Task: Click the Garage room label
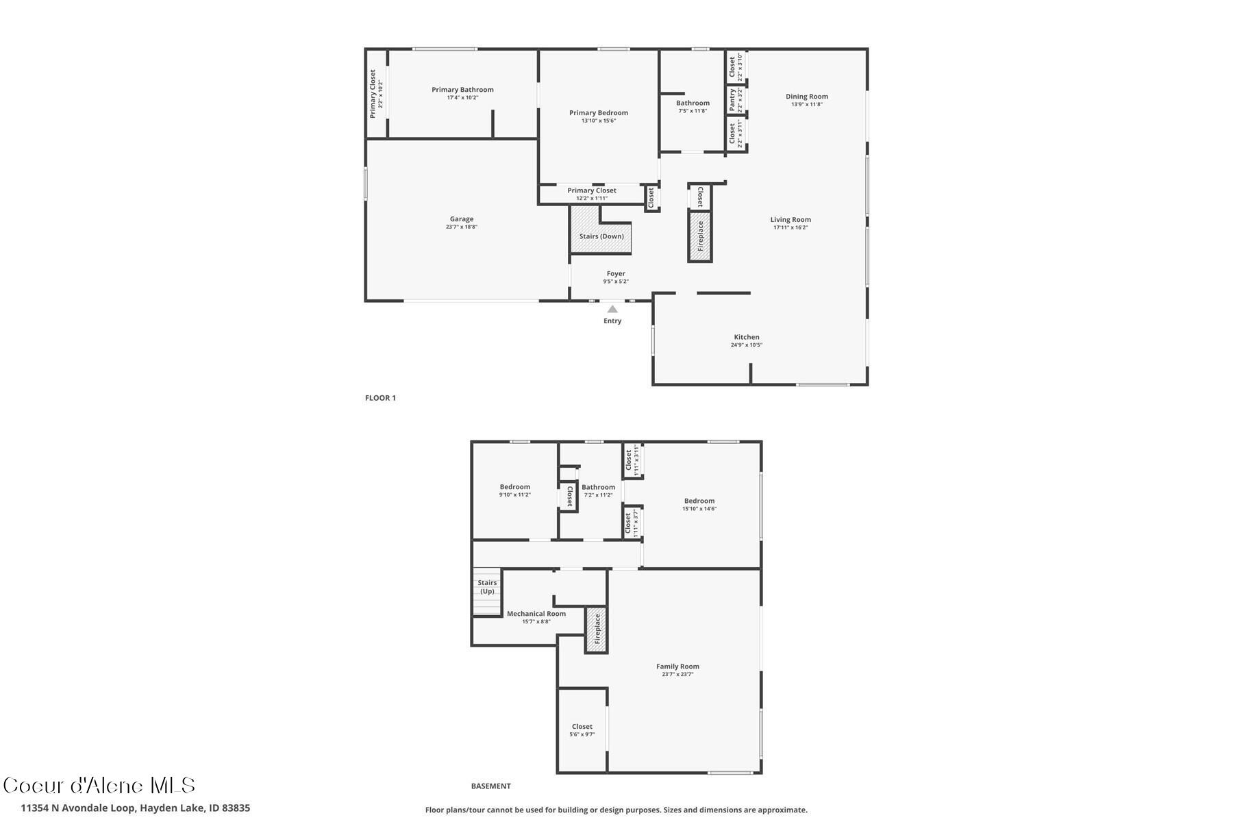(x=461, y=219)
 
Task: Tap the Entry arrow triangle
(x=612, y=310)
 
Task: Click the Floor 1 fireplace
(x=700, y=236)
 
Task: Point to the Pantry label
(x=732, y=100)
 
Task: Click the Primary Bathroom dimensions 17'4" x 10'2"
(x=462, y=98)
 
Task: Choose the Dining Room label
(x=806, y=97)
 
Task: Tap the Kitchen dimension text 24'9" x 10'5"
(x=746, y=345)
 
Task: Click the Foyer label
(x=615, y=273)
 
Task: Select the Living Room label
(x=790, y=220)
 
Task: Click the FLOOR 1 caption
(x=380, y=398)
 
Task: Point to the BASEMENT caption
(x=490, y=786)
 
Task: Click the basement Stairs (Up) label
(x=487, y=587)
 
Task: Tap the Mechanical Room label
(x=536, y=614)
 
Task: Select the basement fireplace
(x=596, y=629)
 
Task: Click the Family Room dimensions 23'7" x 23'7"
(x=677, y=674)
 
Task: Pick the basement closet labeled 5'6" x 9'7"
(x=582, y=730)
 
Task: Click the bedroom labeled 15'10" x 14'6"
(x=699, y=505)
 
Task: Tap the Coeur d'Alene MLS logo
(x=99, y=786)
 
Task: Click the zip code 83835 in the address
(x=236, y=808)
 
